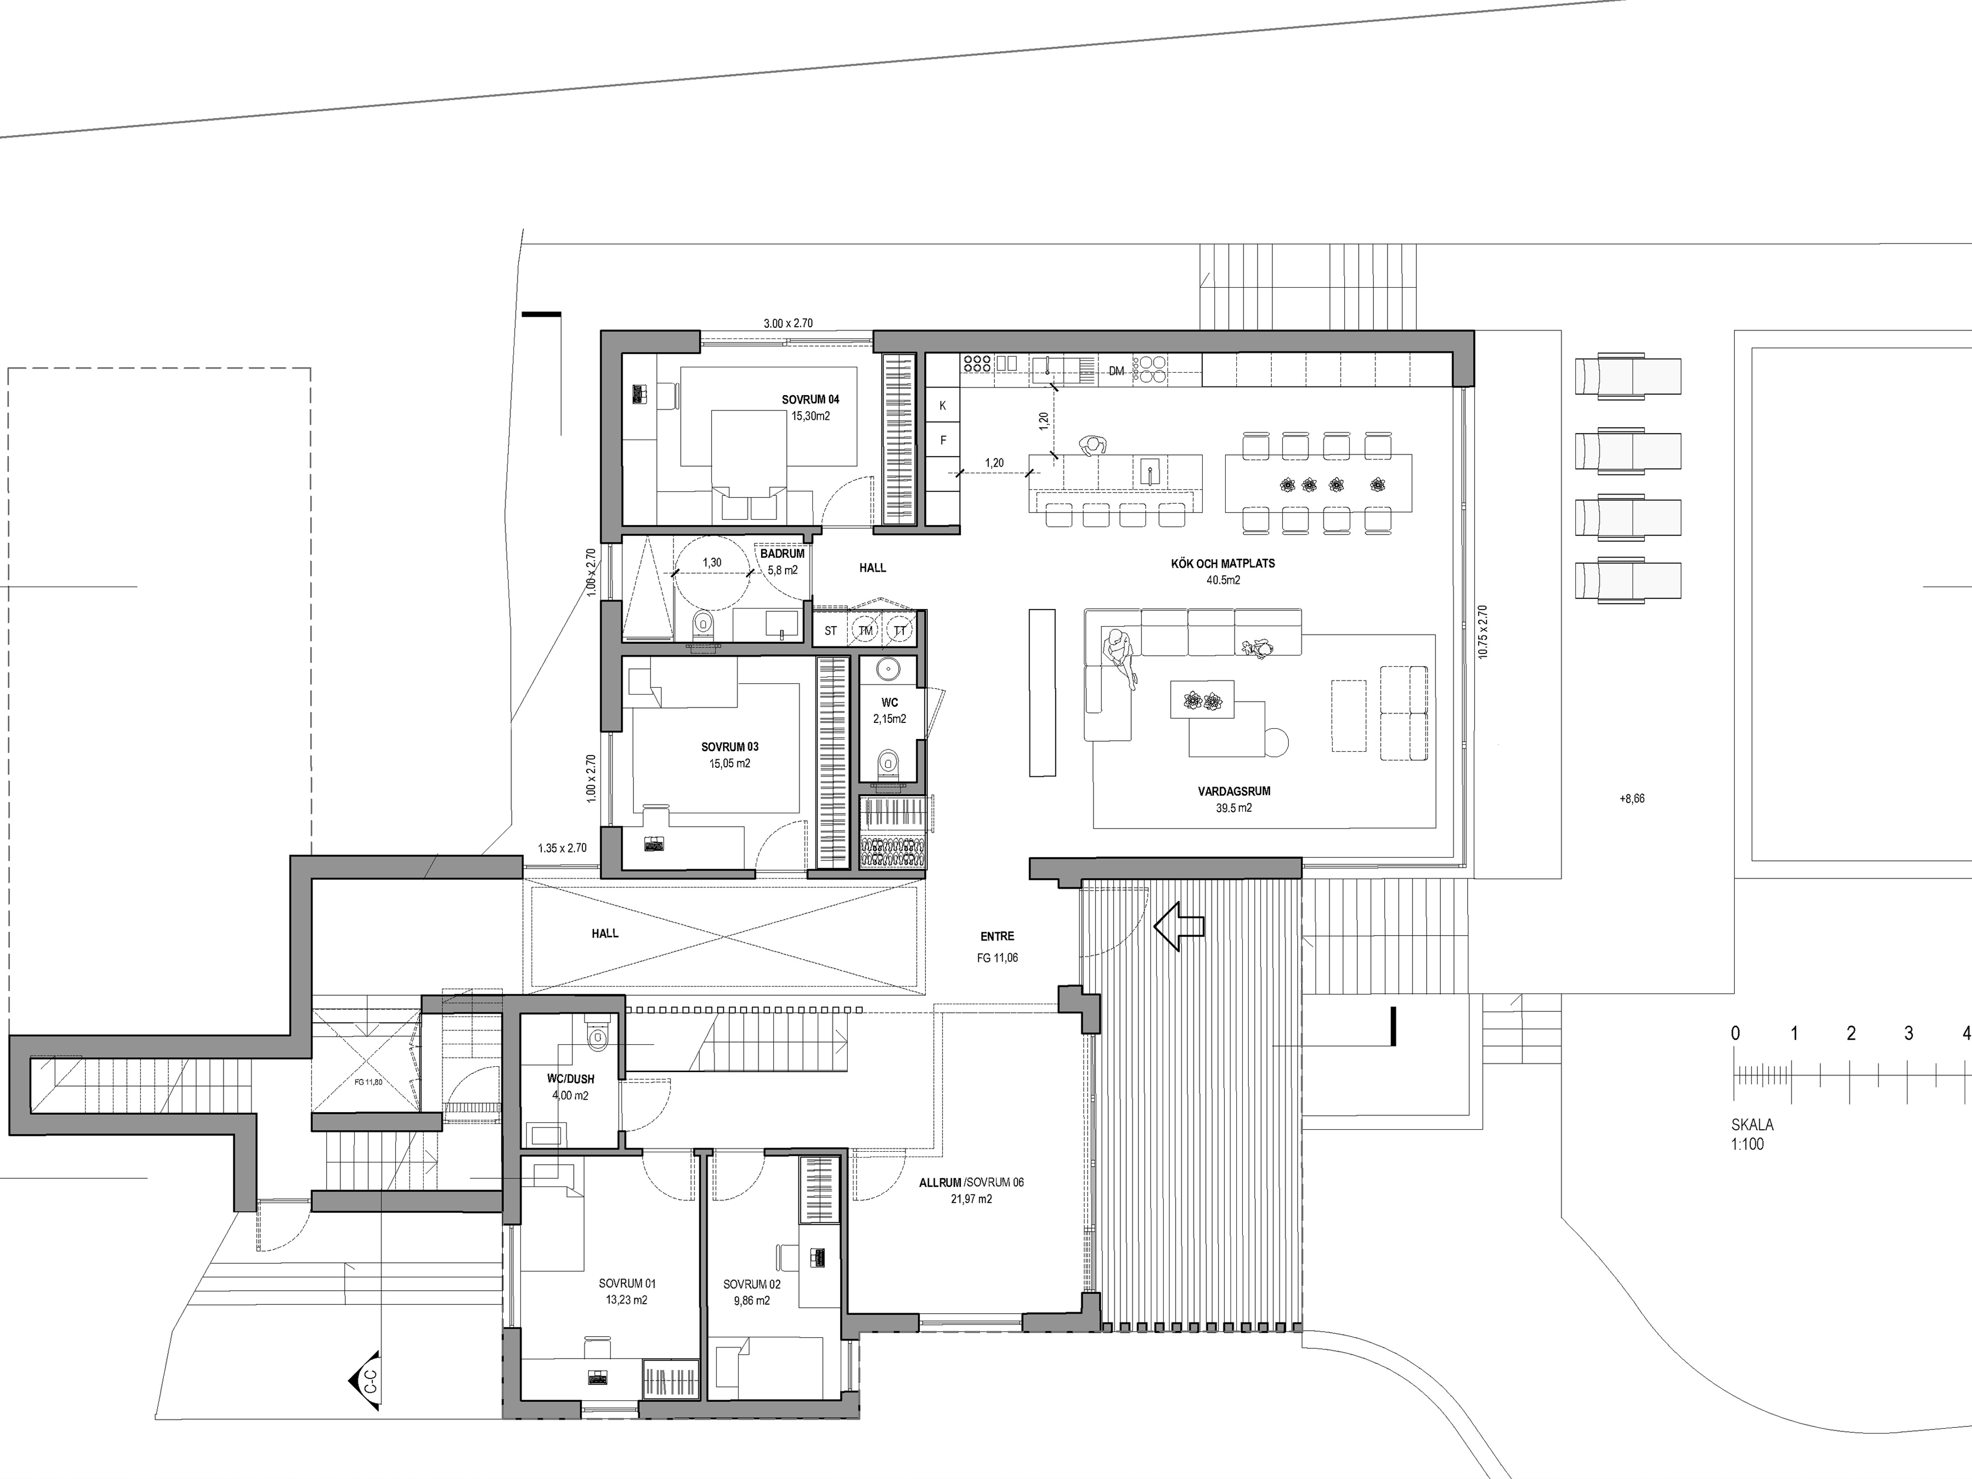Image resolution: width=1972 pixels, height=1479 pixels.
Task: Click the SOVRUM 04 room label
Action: [x=810, y=400]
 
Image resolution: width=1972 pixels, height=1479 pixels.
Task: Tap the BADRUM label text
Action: [x=782, y=554]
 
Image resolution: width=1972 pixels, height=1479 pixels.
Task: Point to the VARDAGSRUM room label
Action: [x=1234, y=791]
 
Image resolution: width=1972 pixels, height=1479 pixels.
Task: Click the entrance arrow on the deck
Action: [x=1179, y=927]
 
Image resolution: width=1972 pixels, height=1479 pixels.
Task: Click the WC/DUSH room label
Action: [x=571, y=1079]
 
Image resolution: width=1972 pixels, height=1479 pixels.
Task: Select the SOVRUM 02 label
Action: [x=752, y=1285]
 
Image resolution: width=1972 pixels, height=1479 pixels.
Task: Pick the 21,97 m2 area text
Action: [x=971, y=1199]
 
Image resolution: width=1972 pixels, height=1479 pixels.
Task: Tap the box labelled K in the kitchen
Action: [x=942, y=405]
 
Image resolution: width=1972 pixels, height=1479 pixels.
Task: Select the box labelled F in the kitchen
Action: [x=942, y=440]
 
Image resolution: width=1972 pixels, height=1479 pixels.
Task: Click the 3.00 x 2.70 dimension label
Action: [x=787, y=324]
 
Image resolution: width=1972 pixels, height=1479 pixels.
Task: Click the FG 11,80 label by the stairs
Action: [x=367, y=1082]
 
